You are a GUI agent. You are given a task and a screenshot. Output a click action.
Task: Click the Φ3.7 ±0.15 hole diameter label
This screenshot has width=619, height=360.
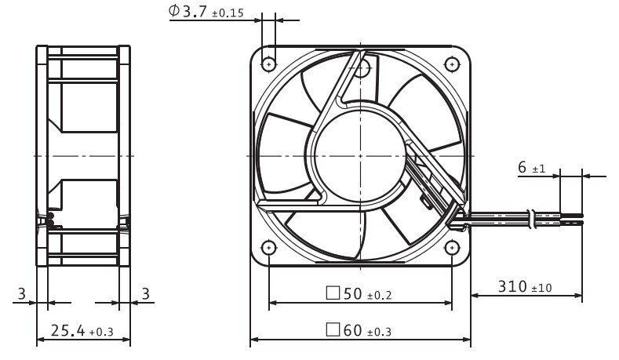pyautogui.click(x=206, y=11)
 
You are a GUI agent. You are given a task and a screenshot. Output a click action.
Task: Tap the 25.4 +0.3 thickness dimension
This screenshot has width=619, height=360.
pyautogui.click(x=82, y=331)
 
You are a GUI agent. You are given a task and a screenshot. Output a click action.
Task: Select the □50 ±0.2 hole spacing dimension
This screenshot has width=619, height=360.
pyautogui.click(x=359, y=293)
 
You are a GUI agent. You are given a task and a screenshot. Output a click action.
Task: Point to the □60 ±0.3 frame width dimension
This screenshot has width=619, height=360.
pyautogui.click(x=359, y=330)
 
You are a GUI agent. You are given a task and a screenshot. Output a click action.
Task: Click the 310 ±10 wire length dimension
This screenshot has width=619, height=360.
pyautogui.click(x=525, y=286)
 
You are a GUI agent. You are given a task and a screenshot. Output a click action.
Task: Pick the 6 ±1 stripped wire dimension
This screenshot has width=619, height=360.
pyautogui.click(x=531, y=167)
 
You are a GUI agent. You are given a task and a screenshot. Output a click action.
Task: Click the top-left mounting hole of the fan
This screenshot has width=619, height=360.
pyautogui.click(x=269, y=64)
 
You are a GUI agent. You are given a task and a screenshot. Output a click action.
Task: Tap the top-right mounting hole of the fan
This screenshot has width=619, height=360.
pyautogui.click(x=452, y=64)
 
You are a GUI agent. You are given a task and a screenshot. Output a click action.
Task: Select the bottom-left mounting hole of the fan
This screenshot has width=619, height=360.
pyautogui.click(x=269, y=248)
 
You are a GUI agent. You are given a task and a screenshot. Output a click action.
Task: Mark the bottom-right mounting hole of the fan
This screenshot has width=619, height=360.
pyautogui.click(x=452, y=248)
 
